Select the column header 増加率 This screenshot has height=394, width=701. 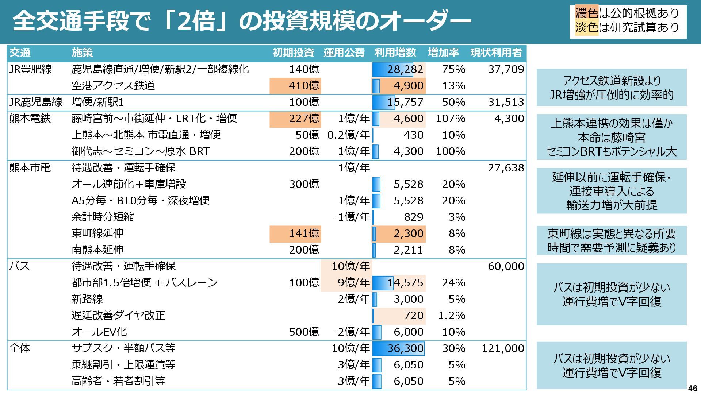point(443,53)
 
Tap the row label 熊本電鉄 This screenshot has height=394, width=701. point(30,119)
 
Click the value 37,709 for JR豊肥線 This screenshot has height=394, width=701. point(506,69)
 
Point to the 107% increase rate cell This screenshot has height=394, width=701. point(450,119)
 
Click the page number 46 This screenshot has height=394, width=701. point(693,388)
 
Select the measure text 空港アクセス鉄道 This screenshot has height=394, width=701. point(113,86)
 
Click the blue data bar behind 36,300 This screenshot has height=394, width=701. point(398,348)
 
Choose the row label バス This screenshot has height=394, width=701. point(19,266)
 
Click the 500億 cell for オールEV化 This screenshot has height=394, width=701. point(304,332)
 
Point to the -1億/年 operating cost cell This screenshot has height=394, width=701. point(351,217)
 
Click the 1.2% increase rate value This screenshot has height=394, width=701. point(452,316)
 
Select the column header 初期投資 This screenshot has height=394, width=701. point(293,53)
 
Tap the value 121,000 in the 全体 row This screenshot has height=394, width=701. point(503,348)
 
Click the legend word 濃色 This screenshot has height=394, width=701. point(586,13)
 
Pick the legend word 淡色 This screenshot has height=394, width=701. point(586,27)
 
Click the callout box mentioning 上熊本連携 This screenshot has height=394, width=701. point(611,137)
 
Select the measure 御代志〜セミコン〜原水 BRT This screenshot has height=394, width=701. point(141,151)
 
